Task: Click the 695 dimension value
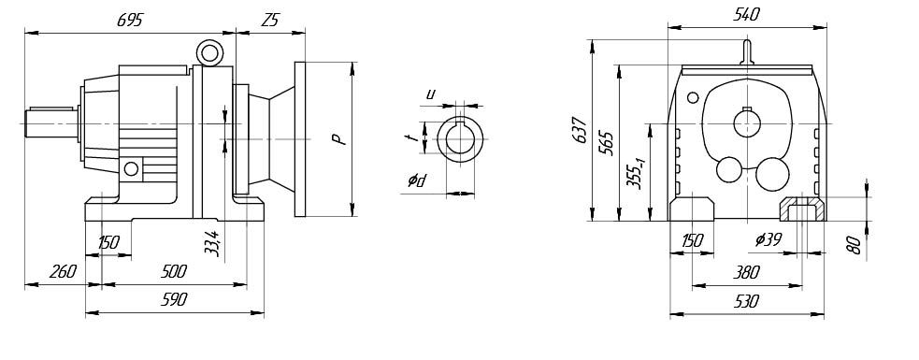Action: click(x=130, y=20)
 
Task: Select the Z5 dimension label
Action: click(x=269, y=20)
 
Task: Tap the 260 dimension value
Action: click(x=64, y=271)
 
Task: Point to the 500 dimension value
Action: click(x=174, y=271)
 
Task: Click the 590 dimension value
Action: click(x=174, y=299)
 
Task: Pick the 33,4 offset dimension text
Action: click(x=212, y=243)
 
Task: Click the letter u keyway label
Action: click(x=431, y=94)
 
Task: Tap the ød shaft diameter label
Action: click(x=417, y=181)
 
